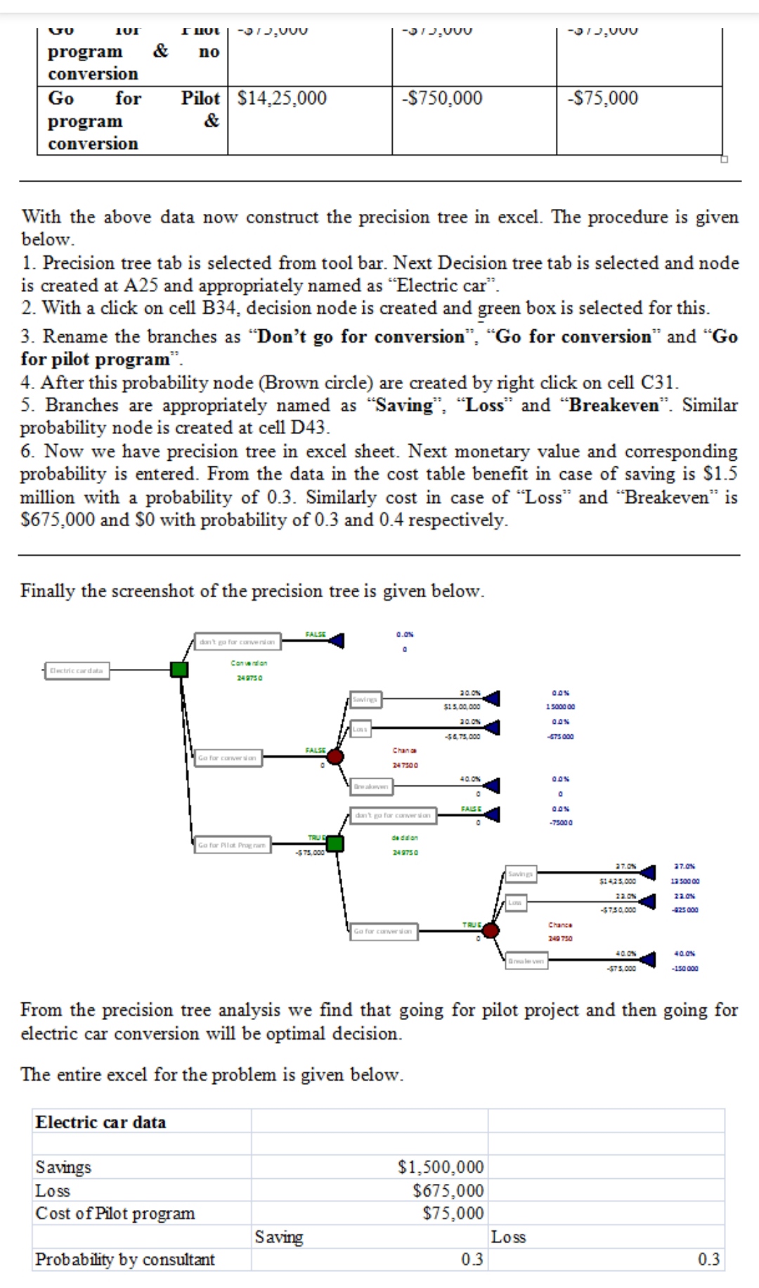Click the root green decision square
click(180, 669)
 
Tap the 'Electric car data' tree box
click(76, 670)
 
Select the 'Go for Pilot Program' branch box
click(232, 845)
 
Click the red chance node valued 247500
click(335, 756)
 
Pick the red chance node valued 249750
click(491, 931)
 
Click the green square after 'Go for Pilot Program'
click(335, 843)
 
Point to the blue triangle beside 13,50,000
click(648, 873)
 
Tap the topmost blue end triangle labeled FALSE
click(337, 640)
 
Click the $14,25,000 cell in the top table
click(282, 98)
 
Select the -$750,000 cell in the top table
click(442, 98)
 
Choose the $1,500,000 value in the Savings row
click(441, 1167)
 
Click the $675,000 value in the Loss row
click(448, 1190)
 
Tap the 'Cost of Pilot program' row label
click(115, 1213)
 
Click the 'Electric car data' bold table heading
click(101, 1122)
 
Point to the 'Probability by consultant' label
click(125, 1259)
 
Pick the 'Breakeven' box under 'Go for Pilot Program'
click(526, 961)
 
